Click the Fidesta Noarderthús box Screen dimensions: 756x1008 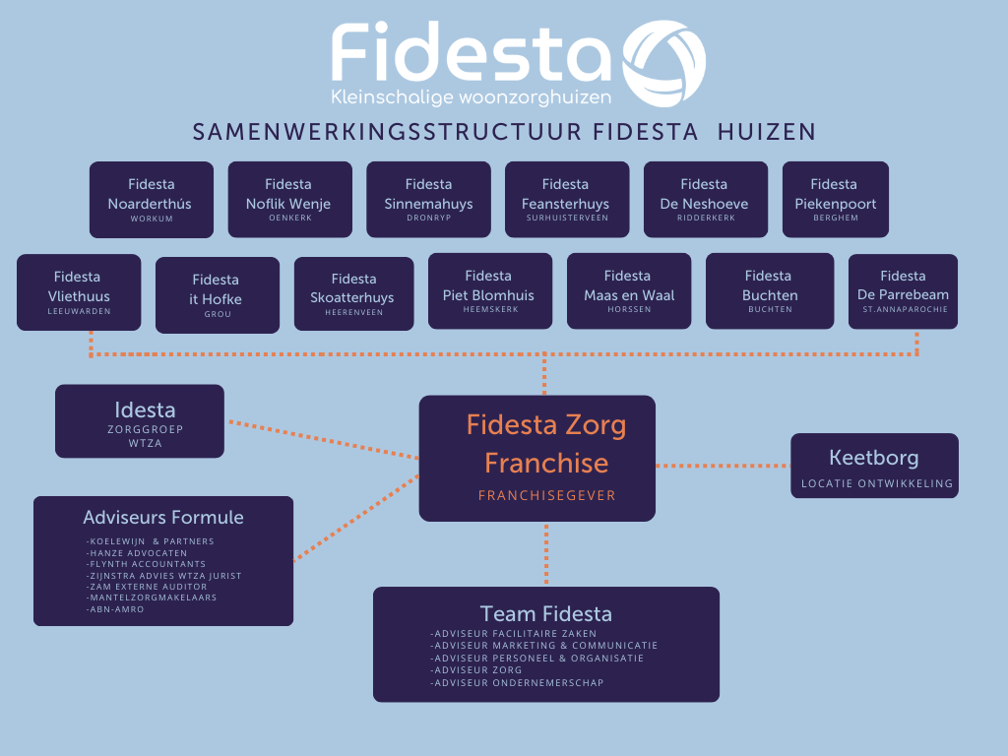pyautogui.click(x=151, y=200)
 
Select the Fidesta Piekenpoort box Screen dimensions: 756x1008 pyautogui.click(x=835, y=200)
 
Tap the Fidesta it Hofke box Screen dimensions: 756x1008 pyautogui.click(x=217, y=295)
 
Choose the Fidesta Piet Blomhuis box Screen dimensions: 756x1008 pyautogui.click(x=488, y=291)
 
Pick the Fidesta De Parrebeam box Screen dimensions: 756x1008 pyautogui.click(x=902, y=291)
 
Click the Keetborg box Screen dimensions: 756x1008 pyautogui.click(x=874, y=466)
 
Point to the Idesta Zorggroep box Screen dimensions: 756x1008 pyautogui.click(x=140, y=421)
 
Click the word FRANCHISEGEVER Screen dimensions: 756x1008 pyautogui.click(x=546, y=495)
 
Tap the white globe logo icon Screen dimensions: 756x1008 pyautogui.click(x=665, y=64)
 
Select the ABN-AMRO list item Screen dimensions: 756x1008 pyautogui.click(x=116, y=609)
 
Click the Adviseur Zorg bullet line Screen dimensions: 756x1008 pyautogui.click(x=477, y=670)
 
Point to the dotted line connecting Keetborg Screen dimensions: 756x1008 pyautogui.click(x=724, y=466)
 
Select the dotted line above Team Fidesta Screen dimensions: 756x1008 pyautogui.click(x=546, y=554)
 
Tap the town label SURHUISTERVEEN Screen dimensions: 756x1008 pyautogui.click(x=565, y=219)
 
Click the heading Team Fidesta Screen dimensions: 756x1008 pyautogui.click(x=545, y=614)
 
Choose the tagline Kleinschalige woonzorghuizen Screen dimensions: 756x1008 pyautogui.click(x=472, y=96)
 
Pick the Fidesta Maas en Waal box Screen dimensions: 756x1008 pyautogui.click(x=627, y=291)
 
